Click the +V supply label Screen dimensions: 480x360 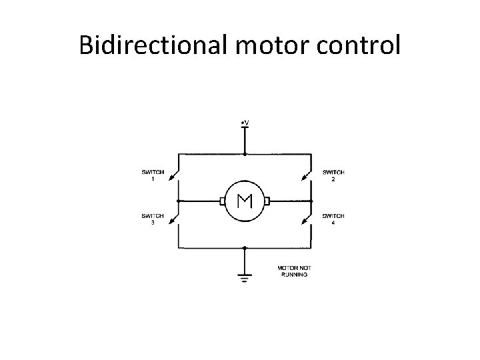[245, 123]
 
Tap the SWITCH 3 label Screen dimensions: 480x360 [153, 219]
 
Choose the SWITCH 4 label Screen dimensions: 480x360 [333, 219]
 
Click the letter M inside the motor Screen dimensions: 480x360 [244, 200]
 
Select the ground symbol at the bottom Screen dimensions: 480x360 [245, 276]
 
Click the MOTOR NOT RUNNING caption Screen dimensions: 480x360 [294, 271]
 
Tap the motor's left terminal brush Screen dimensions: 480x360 [221, 200]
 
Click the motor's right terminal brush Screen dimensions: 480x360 [267, 200]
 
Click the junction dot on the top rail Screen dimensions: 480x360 [245, 153]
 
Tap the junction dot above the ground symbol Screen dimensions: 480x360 [245, 247]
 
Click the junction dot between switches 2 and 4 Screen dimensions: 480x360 [311, 200]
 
